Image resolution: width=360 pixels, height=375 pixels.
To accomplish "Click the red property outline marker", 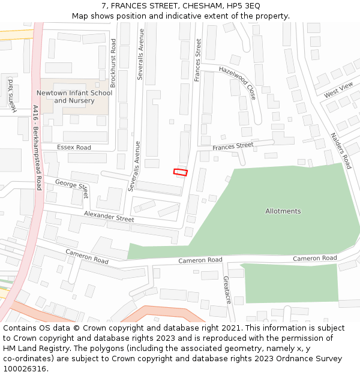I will (x=181, y=172).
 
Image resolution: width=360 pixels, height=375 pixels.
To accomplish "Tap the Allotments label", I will (x=283, y=211).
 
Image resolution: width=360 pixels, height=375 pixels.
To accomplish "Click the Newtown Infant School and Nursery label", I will (x=74, y=97).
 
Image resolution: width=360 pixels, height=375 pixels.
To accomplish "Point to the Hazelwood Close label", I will (x=238, y=83).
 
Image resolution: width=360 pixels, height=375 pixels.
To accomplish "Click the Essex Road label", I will (x=74, y=147).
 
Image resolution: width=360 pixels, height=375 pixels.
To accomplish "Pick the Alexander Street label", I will (x=109, y=216).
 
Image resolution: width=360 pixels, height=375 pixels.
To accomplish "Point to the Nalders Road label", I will (x=340, y=150).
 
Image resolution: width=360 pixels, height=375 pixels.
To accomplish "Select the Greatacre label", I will (x=227, y=289).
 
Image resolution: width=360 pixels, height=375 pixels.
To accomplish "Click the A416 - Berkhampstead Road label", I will (x=37, y=148).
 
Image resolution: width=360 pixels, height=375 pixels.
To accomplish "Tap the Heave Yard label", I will (x=11, y=95).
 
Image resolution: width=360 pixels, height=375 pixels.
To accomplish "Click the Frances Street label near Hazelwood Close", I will (x=197, y=60).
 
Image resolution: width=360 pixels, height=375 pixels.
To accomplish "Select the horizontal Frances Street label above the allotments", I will (x=233, y=146).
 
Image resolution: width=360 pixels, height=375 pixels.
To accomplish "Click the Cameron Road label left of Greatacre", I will (x=200, y=260).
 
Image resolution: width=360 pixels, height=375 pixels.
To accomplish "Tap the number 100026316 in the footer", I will (x=25, y=369).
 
